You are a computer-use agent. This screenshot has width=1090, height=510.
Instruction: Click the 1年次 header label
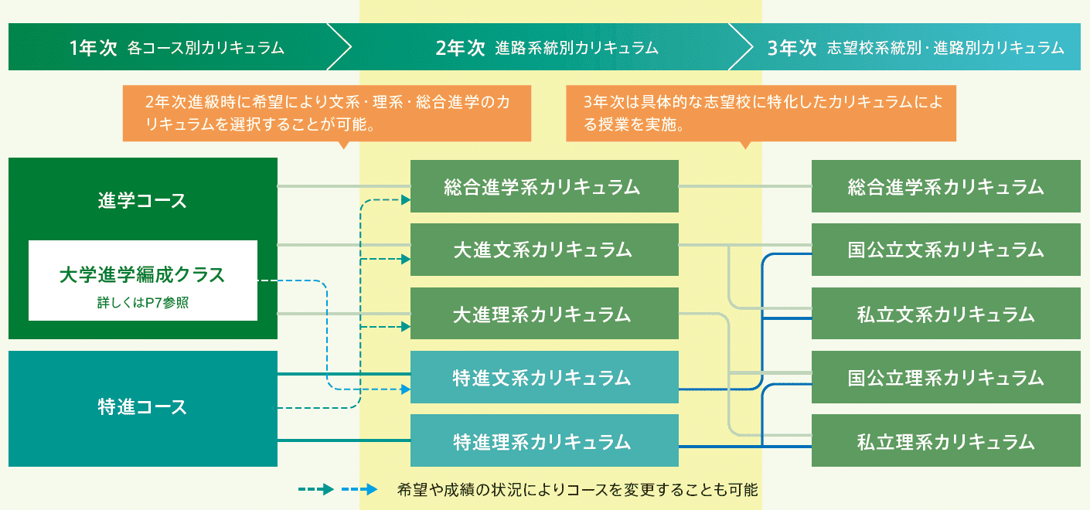[x=93, y=48]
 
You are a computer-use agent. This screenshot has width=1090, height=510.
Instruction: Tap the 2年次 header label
[x=460, y=48]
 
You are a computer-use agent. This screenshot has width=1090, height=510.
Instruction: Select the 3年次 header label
[x=792, y=48]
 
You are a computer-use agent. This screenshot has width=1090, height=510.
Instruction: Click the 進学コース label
[x=142, y=200]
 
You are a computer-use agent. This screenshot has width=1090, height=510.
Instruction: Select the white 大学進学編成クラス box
[x=143, y=280]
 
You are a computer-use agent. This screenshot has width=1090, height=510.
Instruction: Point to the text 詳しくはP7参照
[x=143, y=302]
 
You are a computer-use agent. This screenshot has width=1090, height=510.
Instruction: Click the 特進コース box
[x=143, y=409]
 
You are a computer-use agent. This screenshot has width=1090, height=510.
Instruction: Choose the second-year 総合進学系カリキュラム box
[x=544, y=186]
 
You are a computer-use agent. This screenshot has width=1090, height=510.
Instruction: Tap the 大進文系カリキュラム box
[x=544, y=250]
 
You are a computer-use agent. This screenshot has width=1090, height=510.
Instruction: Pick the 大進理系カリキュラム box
[x=544, y=314]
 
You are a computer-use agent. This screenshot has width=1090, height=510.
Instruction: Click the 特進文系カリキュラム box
[x=544, y=377]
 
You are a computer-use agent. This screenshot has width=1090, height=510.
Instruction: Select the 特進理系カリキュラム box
[x=544, y=440]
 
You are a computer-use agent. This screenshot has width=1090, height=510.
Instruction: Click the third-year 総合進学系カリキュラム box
[x=946, y=186]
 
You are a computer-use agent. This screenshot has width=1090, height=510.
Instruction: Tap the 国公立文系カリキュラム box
[x=946, y=250]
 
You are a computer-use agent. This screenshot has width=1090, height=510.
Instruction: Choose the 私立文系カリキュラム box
[x=946, y=314]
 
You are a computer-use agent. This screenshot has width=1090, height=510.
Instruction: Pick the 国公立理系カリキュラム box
[x=946, y=377]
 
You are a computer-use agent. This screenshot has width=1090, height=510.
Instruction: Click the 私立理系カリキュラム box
[x=946, y=440]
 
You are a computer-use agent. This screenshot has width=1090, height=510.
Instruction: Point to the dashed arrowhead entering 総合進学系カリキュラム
[x=406, y=200]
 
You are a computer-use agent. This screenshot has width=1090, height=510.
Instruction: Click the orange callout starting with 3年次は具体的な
[x=761, y=114]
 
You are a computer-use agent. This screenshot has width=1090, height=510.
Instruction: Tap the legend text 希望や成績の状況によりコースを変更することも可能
[x=577, y=490]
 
